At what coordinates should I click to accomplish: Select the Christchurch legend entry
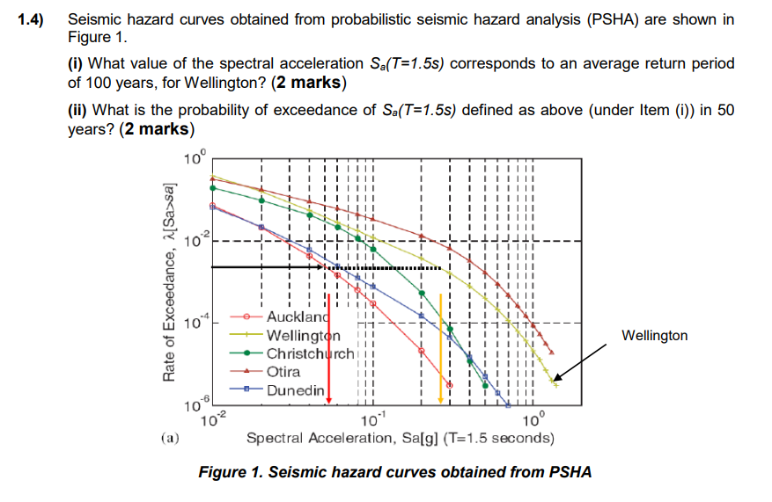click(x=310, y=353)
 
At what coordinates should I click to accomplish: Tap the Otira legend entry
click(x=283, y=372)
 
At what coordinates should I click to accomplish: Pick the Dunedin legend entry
click(x=295, y=389)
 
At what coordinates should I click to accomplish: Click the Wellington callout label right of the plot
click(x=655, y=335)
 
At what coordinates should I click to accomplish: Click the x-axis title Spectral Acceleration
click(x=399, y=438)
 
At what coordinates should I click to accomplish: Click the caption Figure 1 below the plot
click(x=395, y=472)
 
